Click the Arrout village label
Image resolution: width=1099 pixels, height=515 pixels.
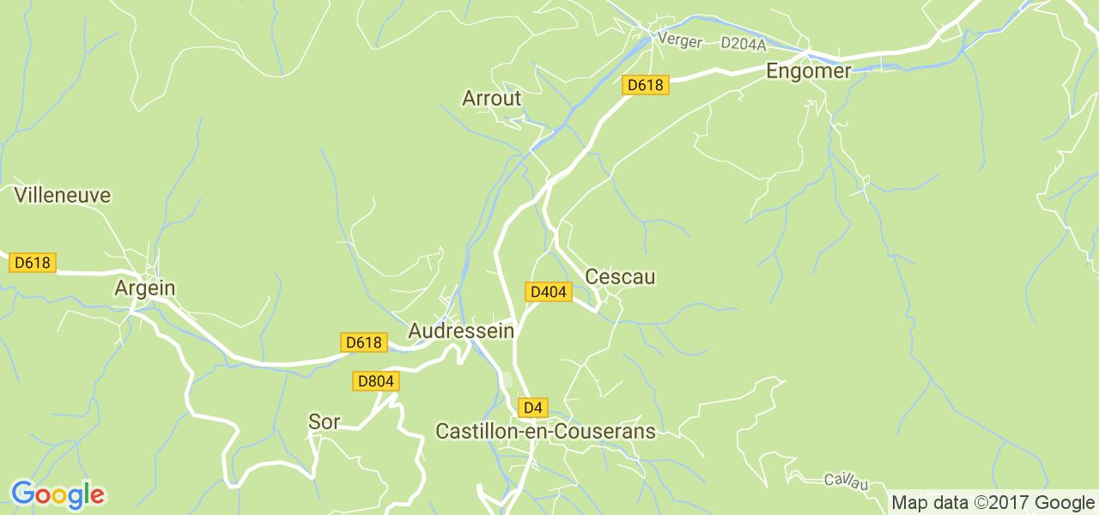tap(491, 99)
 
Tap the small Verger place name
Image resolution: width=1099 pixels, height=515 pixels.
tap(679, 40)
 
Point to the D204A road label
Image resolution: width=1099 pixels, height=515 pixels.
tap(743, 42)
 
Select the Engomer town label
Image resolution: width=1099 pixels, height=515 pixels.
tap(808, 71)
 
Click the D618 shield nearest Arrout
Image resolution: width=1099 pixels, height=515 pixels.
tap(645, 84)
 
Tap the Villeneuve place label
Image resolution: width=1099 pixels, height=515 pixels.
tap(63, 196)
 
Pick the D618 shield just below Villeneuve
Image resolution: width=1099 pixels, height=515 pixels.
tap(33, 263)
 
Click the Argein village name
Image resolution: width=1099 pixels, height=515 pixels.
tap(144, 288)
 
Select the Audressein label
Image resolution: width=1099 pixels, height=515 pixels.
tap(461, 330)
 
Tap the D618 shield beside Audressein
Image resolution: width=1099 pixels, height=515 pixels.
tap(364, 342)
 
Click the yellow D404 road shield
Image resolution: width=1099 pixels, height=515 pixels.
tap(548, 292)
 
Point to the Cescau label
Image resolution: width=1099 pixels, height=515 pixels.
tap(619, 277)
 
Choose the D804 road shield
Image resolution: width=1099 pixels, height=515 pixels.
tap(376, 380)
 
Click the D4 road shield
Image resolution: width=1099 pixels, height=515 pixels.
tap(533, 407)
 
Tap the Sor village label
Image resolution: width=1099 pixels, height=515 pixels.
tap(324, 421)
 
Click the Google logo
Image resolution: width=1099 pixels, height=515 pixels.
tap(57, 494)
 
